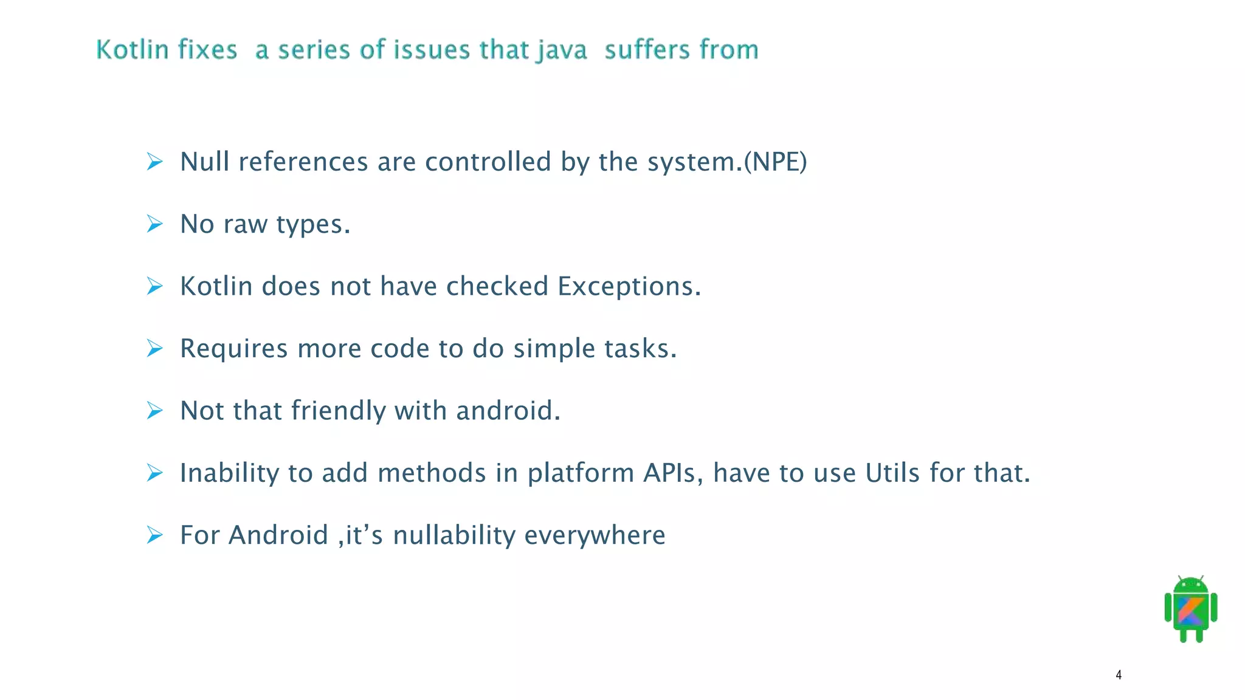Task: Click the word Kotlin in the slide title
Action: (x=133, y=49)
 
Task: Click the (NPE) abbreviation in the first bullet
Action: (x=775, y=162)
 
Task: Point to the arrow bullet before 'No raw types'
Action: (x=155, y=224)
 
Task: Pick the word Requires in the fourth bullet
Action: (x=233, y=349)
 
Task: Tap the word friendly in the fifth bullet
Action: (x=338, y=411)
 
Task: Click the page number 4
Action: (x=1119, y=674)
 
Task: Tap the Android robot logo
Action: (x=1191, y=609)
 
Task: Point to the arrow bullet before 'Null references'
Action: (x=155, y=162)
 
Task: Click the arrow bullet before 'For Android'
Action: (x=155, y=535)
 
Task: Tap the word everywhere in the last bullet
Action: (x=595, y=535)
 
